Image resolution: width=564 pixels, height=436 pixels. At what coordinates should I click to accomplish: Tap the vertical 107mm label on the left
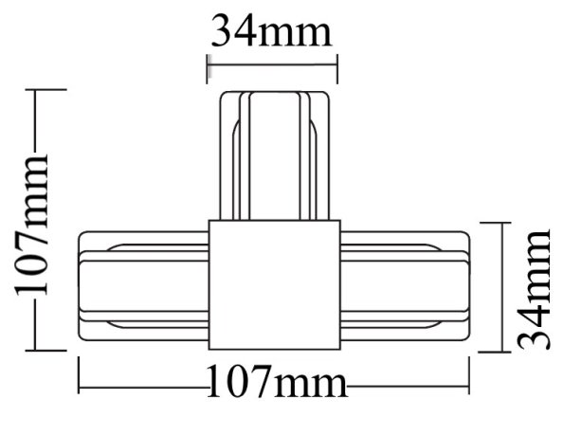click(35, 223)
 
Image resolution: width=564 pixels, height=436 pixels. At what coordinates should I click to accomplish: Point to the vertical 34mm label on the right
click(532, 288)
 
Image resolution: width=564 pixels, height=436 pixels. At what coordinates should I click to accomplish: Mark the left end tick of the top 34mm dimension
click(208, 66)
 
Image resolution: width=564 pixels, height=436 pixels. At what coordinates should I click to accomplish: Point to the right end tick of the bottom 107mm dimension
click(470, 385)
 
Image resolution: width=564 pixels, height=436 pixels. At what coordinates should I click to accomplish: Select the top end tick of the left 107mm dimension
click(36, 90)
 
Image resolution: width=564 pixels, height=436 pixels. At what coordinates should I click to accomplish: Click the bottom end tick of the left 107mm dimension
click(36, 352)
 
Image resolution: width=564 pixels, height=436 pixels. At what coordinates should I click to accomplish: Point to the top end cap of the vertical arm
click(273, 94)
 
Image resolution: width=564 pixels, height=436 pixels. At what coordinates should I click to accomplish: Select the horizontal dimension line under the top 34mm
click(273, 65)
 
